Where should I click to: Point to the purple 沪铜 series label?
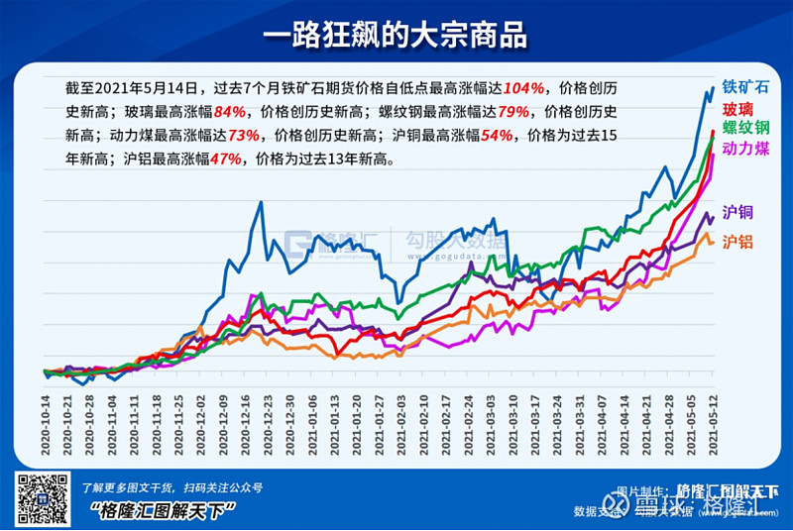coord(736,211)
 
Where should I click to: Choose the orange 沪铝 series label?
coord(736,242)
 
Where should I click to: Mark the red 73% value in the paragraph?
coord(244,135)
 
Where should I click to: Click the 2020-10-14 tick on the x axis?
coord(46,424)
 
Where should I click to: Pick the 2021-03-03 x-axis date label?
coord(492,424)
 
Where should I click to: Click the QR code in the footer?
coord(41,498)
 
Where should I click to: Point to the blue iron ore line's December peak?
coord(261,203)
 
